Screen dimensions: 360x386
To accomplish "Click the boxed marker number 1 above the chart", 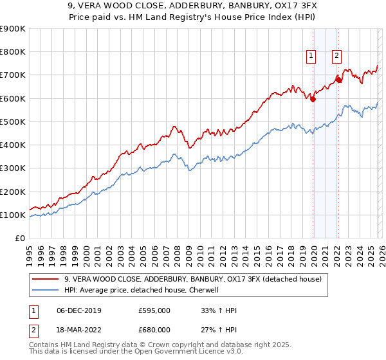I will [x=311, y=56].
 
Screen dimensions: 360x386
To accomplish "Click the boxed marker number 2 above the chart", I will [x=336, y=56].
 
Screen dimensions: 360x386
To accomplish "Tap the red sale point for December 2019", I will [x=313, y=99].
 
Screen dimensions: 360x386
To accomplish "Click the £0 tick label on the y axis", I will [x=20, y=239].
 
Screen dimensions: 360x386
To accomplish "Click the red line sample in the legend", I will [x=45, y=279].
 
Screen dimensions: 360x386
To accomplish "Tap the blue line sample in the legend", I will [x=45, y=290].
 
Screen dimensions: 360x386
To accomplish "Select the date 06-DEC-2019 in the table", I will [x=78, y=310].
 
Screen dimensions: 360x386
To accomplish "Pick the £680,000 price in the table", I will [x=154, y=329].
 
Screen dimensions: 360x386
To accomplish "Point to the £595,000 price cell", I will [x=154, y=310].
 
